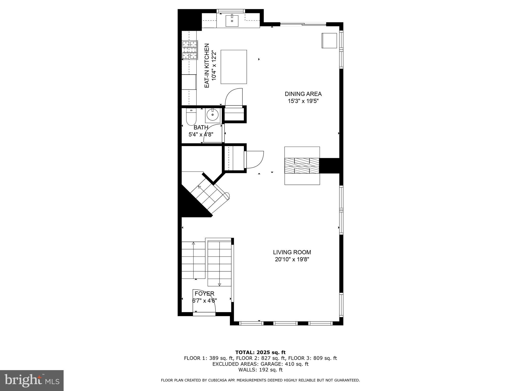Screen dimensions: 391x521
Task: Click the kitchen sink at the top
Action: [x=232, y=21]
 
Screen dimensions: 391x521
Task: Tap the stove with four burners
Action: [x=190, y=50]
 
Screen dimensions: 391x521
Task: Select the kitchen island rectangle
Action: [x=234, y=67]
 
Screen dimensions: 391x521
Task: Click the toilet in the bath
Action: [x=191, y=117]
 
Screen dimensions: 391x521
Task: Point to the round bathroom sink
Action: [x=213, y=115]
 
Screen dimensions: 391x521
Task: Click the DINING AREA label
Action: [x=303, y=94]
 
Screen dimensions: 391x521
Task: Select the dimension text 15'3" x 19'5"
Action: [x=303, y=101]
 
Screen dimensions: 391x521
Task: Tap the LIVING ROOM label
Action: [x=292, y=252]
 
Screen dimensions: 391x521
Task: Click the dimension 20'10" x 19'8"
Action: [x=292, y=259]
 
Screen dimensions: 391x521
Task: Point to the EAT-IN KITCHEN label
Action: [x=207, y=66]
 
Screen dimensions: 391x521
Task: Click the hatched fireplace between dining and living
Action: [x=302, y=165]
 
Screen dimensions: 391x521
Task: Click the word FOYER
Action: [x=205, y=294]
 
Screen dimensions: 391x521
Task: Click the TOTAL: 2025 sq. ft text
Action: [x=260, y=352]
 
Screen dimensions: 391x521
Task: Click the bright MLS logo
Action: [x=32, y=381]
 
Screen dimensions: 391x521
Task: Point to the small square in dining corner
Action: [x=329, y=40]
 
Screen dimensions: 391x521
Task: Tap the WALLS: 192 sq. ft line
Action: [x=260, y=370]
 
